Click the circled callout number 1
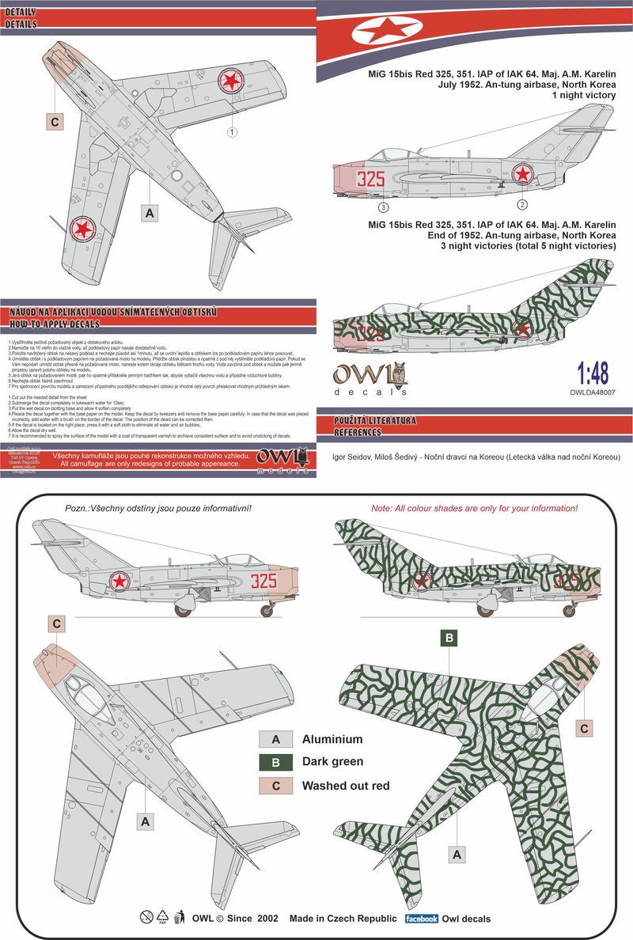click(232, 132)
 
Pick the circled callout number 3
click(383, 207)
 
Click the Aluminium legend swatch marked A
click(276, 740)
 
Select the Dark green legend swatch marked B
click(276, 763)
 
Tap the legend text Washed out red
click(346, 786)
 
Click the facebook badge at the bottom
click(421, 919)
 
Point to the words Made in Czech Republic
click(343, 919)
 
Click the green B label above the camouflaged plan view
click(449, 637)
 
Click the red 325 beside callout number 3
click(370, 178)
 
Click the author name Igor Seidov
click(360, 457)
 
